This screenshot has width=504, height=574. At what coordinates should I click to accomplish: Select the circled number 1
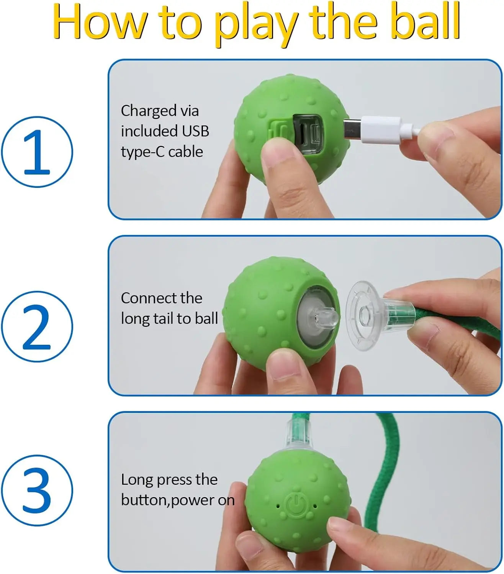pyautogui.click(x=37, y=152)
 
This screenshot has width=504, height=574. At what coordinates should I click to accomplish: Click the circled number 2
pyautogui.click(x=37, y=327)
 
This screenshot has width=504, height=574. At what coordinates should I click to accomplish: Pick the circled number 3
pyautogui.click(x=37, y=491)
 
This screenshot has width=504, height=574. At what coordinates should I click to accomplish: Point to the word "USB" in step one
pyautogui.click(x=195, y=131)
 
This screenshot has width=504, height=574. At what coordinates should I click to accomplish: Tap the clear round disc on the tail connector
pyautogui.click(x=362, y=316)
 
